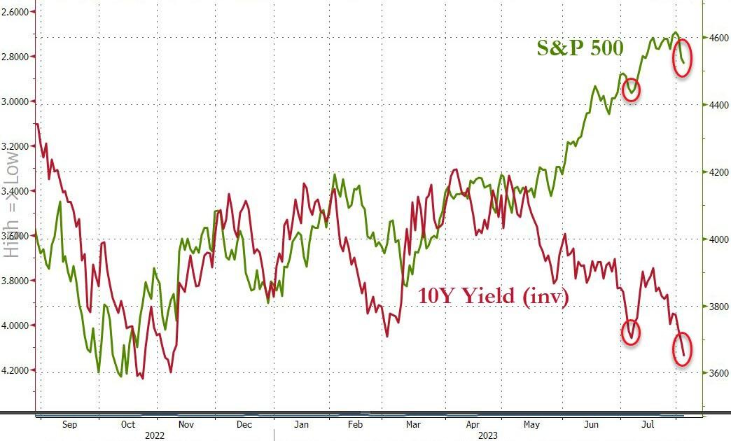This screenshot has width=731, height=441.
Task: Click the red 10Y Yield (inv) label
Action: (493, 296)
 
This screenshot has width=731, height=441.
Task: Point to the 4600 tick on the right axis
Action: (714, 38)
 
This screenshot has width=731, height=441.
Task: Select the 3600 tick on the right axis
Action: (714, 373)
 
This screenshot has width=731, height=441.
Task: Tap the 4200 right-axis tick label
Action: (714, 172)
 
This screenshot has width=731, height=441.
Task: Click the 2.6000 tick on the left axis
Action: (18, 12)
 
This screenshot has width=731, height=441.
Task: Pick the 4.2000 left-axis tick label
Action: (18, 370)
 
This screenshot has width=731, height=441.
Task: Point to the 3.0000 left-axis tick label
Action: (18, 101)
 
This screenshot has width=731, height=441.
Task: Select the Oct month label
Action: (128, 423)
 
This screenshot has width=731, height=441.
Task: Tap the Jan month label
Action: (301, 423)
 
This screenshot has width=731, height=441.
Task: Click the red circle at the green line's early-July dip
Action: (631, 90)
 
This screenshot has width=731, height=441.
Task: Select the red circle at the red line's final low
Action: (683, 349)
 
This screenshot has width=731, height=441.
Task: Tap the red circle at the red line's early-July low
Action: (632, 331)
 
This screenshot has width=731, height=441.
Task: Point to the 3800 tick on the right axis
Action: (714, 306)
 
